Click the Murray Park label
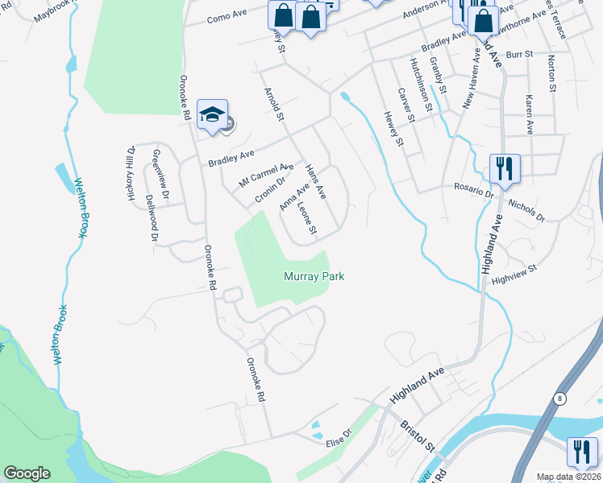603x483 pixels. point(314,276)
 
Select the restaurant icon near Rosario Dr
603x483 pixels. point(505,169)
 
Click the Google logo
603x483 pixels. point(27,473)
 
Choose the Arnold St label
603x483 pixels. point(271,105)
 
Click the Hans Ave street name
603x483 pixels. point(315,182)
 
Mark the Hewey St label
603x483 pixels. point(393,130)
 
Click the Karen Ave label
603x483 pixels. point(529,115)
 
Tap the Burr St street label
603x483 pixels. point(520,55)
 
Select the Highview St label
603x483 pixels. point(514,275)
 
